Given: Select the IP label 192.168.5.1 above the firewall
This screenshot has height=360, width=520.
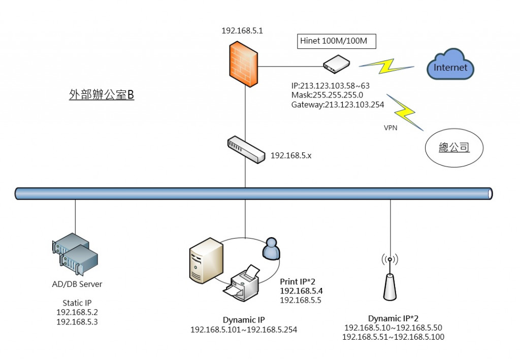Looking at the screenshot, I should click(242, 30).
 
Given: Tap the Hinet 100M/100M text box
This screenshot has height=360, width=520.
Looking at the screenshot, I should click(337, 41).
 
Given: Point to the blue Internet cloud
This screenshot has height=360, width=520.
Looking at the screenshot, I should click(450, 65).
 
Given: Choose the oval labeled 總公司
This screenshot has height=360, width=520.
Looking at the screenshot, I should click(454, 148).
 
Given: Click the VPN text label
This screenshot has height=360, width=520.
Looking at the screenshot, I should click(391, 128).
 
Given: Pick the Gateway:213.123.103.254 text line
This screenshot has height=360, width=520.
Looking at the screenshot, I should click(338, 105).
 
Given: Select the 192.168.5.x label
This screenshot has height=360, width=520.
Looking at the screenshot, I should click(290, 155).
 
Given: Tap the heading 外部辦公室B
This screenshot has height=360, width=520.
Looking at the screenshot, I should click(102, 95).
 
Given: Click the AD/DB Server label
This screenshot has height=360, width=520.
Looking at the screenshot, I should click(77, 284).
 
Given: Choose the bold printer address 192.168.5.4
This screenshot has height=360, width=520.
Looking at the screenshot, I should click(301, 291).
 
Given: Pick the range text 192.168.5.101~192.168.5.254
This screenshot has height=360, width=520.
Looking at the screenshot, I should click(244, 330).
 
